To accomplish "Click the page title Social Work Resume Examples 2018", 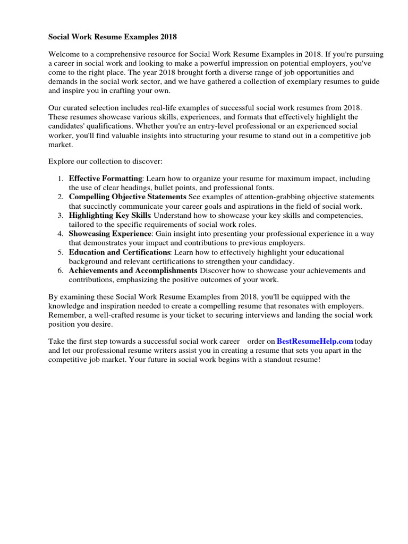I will point(113,37).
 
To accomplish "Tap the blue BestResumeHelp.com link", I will point(315,341).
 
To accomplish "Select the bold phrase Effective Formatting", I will point(105,178).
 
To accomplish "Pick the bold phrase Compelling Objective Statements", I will point(127,197).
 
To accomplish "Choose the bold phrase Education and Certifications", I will point(120,252).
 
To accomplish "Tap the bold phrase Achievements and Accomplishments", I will point(133,270).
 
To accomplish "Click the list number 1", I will point(61,178).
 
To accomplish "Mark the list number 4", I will point(61,234).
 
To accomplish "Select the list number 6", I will point(61,270).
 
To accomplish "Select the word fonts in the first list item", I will point(261,188).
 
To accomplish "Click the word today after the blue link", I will point(363,341).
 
